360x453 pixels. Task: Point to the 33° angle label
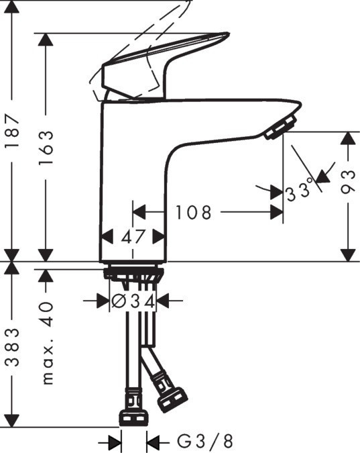click(300, 192)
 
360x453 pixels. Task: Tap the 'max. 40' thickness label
click(46, 342)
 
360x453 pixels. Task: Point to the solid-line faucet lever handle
click(161, 64)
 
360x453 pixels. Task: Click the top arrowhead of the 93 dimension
click(347, 138)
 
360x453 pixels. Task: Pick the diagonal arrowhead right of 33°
click(324, 176)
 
